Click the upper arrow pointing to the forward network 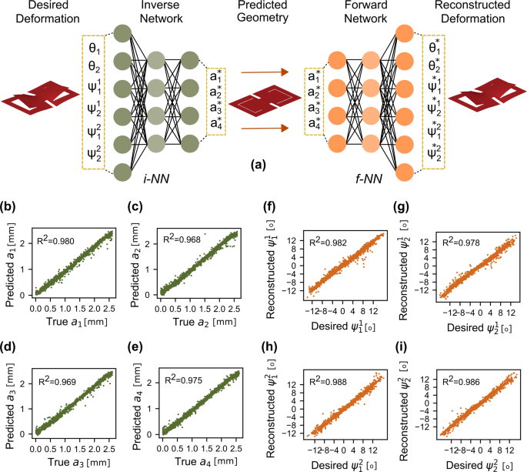pos(264,72)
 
